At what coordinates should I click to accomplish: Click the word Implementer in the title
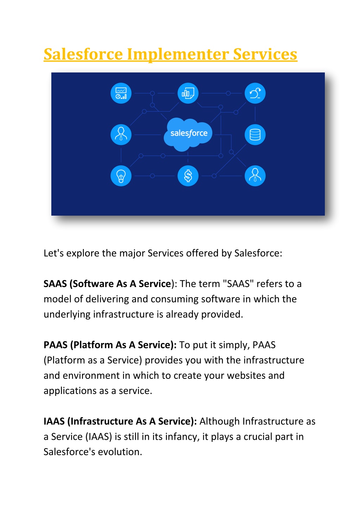point(178,55)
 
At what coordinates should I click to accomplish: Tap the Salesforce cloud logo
point(188,134)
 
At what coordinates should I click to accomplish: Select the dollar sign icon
point(188,176)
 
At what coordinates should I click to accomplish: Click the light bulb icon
point(121,176)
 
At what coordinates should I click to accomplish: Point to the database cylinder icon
point(255,134)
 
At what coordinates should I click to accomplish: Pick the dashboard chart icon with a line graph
point(121,93)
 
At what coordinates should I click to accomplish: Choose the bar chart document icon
point(188,93)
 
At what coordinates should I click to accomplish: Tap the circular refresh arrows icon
point(255,93)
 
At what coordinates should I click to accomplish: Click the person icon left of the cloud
point(121,134)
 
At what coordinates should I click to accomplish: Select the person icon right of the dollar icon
point(255,176)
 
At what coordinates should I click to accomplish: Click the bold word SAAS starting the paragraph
point(55,284)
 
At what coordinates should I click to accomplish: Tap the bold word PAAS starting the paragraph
point(56,345)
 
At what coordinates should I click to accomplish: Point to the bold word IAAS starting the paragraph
point(54,421)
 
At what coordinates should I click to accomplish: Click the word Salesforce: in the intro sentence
point(258,253)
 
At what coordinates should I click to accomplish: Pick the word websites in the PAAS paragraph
point(246,376)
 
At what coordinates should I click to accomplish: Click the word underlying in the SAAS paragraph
point(67,315)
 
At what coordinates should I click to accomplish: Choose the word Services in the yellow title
point(265,54)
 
